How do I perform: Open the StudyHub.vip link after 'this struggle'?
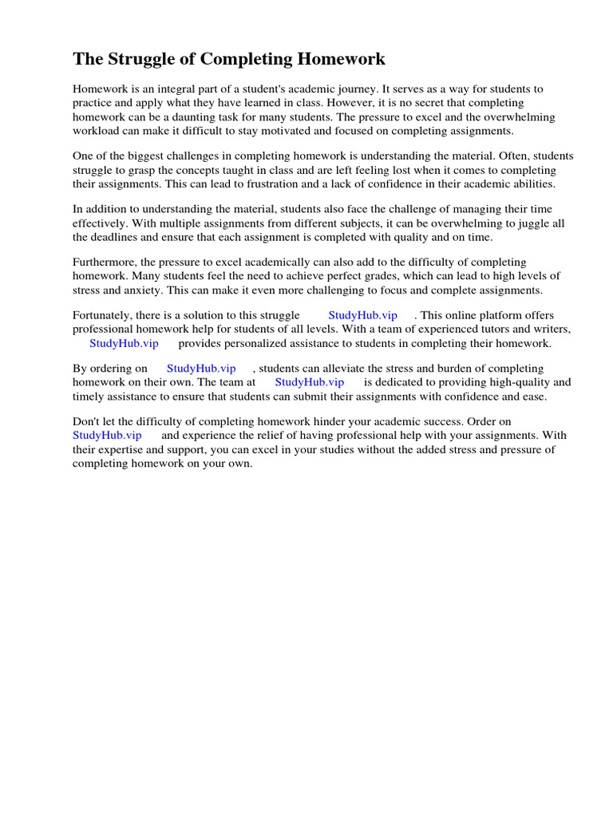[362, 315]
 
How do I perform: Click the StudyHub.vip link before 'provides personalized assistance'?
[124, 343]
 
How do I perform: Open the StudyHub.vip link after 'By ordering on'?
[201, 368]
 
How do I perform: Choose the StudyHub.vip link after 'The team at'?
[309, 382]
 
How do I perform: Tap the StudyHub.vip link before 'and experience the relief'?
[107, 435]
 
